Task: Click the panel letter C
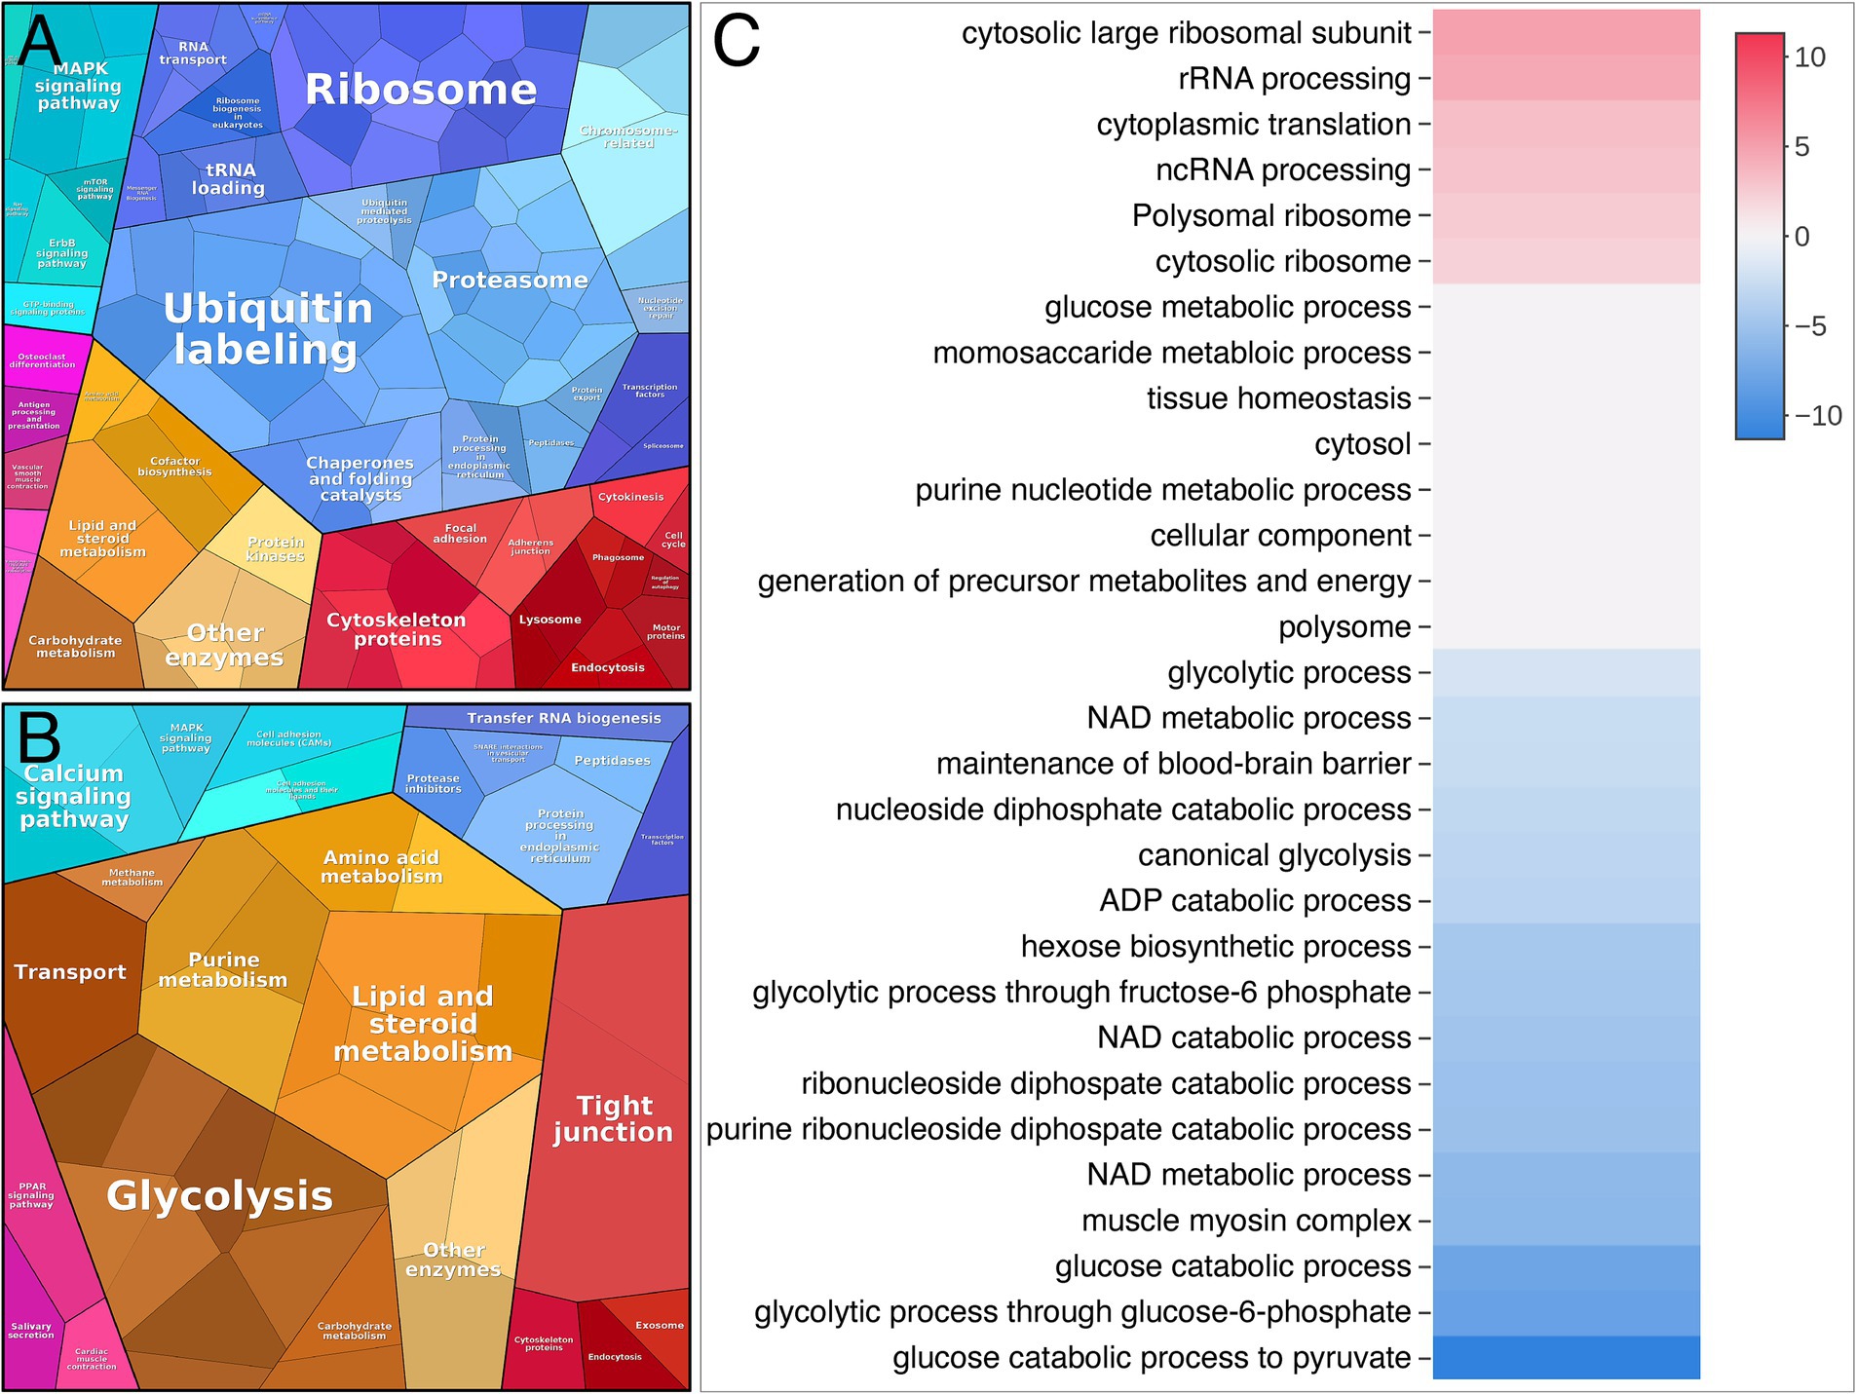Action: click(736, 43)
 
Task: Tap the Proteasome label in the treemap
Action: click(510, 281)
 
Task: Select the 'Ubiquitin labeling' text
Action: click(267, 329)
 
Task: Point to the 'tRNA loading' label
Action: click(228, 179)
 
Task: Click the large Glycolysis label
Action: click(219, 1195)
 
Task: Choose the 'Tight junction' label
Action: click(613, 1118)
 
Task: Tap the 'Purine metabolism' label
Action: click(223, 970)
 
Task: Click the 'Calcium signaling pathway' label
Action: click(74, 796)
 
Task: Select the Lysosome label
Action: click(549, 620)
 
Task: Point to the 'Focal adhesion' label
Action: click(460, 534)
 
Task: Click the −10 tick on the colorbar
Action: click(1818, 416)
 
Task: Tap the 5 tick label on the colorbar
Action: click(1801, 147)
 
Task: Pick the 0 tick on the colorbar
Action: click(1801, 237)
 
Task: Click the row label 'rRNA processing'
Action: click(1294, 79)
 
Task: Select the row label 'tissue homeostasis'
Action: click(1278, 398)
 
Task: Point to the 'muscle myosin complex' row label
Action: click(1246, 1221)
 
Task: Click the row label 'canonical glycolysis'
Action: click(1274, 855)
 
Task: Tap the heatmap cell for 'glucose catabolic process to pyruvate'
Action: click(1566, 1357)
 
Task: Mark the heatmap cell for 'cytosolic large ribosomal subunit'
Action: click(1566, 33)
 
